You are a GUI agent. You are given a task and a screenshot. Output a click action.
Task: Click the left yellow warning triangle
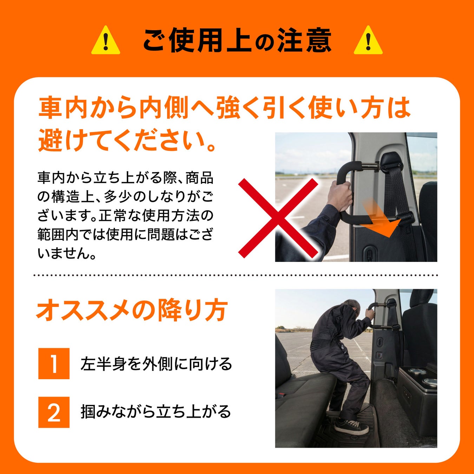(106, 41)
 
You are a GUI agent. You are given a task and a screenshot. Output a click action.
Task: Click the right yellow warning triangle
(368, 41)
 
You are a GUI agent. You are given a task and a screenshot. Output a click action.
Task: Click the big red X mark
(278, 218)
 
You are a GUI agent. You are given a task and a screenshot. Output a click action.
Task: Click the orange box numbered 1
(54, 363)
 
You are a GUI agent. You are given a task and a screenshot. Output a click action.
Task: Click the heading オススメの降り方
(132, 310)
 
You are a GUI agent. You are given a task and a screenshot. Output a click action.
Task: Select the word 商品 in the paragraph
(199, 178)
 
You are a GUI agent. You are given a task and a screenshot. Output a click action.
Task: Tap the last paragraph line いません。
(66, 253)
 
